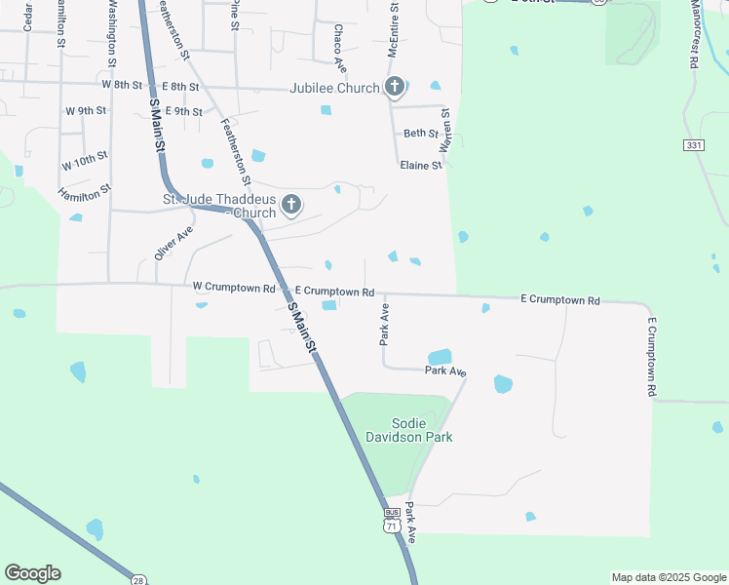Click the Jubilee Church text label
334,88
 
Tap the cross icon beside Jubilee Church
395,88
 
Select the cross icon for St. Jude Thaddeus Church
290,205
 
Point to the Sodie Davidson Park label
422,430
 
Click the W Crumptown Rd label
233,287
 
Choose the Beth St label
421,134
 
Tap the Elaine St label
421,166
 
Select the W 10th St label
85,161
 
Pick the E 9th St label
183,112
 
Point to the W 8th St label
122,86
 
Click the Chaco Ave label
339,49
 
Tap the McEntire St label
395,32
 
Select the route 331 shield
693,144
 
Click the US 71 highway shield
392,525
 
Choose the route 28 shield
138,580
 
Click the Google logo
32,573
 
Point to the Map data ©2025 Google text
669,577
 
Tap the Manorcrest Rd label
694,34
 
